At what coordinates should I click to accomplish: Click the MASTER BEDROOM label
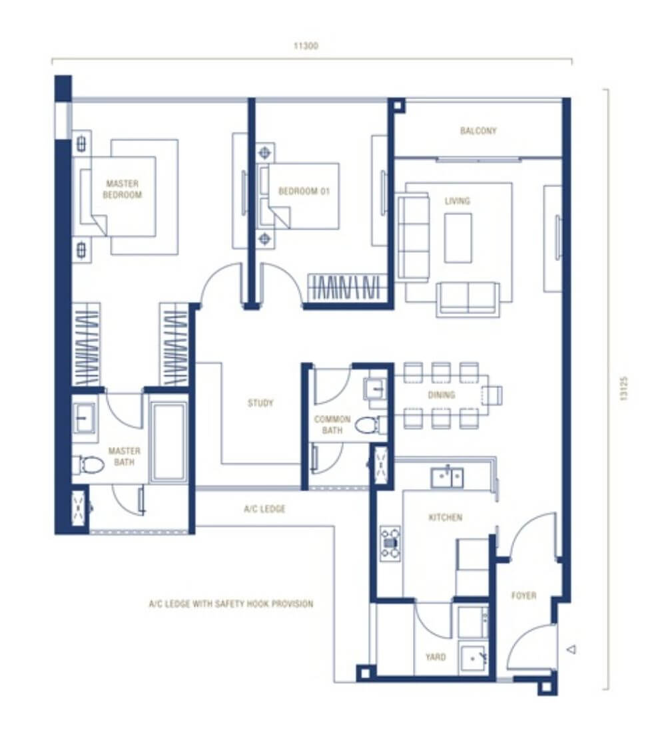pyautogui.click(x=123, y=190)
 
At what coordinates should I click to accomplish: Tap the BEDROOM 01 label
pyautogui.click(x=304, y=191)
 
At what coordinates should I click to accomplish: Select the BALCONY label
pyautogui.click(x=478, y=130)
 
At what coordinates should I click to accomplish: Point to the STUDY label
pyautogui.click(x=260, y=403)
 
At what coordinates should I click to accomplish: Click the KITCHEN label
pyautogui.click(x=446, y=517)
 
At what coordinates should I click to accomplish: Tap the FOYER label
pyautogui.click(x=523, y=595)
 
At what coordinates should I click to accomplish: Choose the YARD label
pyautogui.click(x=435, y=657)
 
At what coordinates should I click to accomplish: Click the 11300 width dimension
pyautogui.click(x=306, y=46)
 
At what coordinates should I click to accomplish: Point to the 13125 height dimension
pyautogui.click(x=624, y=389)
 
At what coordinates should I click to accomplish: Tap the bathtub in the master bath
pyautogui.click(x=168, y=442)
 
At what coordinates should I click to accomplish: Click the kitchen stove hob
pyautogui.click(x=390, y=544)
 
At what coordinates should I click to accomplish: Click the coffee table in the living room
pyautogui.click(x=458, y=238)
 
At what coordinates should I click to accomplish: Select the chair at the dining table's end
pyautogui.click(x=493, y=395)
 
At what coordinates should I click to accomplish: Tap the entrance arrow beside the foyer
pyautogui.click(x=571, y=649)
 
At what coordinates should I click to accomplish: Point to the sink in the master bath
pyautogui.click(x=85, y=417)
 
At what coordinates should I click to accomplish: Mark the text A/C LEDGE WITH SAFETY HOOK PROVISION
pyautogui.click(x=231, y=604)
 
